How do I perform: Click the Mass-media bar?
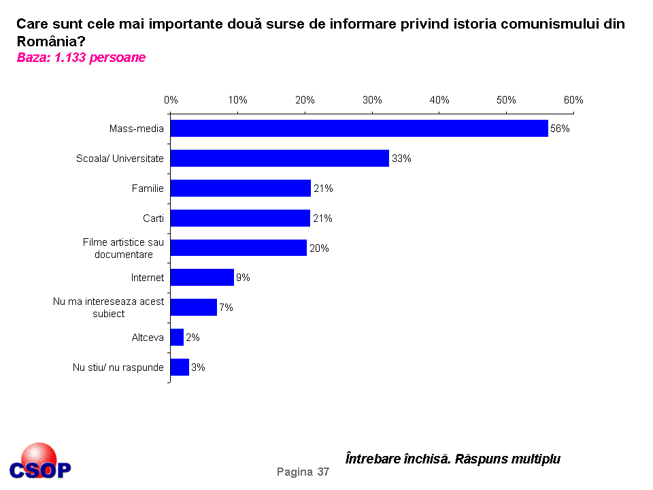pos(359,129)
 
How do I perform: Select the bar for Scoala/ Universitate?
pos(280,159)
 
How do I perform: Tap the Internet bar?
pos(202,278)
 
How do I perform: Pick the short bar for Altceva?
pos(177,338)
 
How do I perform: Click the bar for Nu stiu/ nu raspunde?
pos(180,367)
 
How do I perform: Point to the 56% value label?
pos(560,129)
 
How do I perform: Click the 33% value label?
pos(401,159)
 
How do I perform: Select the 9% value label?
pos(244,278)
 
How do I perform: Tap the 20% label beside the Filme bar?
pos(319,248)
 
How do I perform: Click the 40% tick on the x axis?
pos(439,100)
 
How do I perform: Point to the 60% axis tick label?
pos(573,100)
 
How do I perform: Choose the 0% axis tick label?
pos(171,100)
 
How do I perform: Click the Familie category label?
pos(148,189)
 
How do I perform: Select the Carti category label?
pos(153,218)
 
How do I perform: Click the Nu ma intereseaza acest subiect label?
pos(109,308)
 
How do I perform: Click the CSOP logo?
pos(40,463)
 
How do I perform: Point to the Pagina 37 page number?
pos(303,472)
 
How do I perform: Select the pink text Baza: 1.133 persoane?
pos(81,58)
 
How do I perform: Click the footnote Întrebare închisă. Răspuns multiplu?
pos(453,459)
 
